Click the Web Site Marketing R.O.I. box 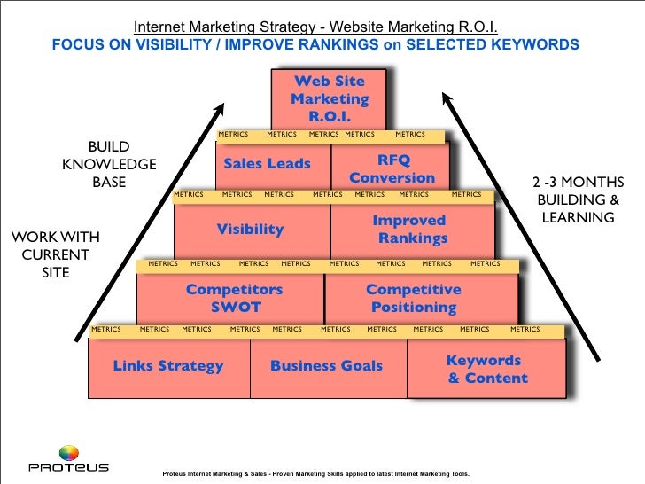[330, 98]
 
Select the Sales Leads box [267, 164]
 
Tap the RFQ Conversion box [392, 168]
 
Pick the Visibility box [250, 230]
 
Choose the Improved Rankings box [409, 229]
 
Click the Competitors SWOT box [234, 299]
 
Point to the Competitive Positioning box [413, 299]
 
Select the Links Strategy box [168, 366]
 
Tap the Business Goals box [326, 366]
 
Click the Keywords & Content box [486, 370]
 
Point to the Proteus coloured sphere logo [68, 453]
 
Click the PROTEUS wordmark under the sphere [68, 468]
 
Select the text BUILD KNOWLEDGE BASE [109, 164]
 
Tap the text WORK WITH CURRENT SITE [54, 255]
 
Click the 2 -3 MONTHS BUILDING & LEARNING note [575, 199]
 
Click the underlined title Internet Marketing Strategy [315, 27]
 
